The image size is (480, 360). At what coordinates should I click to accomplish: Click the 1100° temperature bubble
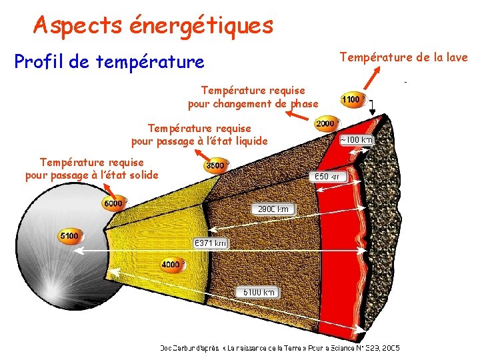(353, 100)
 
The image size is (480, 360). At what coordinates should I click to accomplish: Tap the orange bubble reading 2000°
(325, 124)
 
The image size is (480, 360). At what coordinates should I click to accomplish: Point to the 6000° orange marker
(113, 203)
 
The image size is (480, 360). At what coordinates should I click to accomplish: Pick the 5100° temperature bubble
(69, 236)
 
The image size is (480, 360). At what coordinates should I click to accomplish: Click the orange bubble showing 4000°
(171, 265)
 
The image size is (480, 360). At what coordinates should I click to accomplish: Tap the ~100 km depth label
(357, 140)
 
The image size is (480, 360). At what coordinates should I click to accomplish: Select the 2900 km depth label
(273, 209)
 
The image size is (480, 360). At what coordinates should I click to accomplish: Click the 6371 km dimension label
(210, 243)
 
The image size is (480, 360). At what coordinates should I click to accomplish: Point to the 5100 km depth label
(258, 292)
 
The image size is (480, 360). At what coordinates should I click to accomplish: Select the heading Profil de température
(109, 62)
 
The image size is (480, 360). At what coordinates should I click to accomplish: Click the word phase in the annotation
(303, 104)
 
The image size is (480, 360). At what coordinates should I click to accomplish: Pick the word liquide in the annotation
(250, 141)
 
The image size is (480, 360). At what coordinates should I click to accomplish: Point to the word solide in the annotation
(141, 175)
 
